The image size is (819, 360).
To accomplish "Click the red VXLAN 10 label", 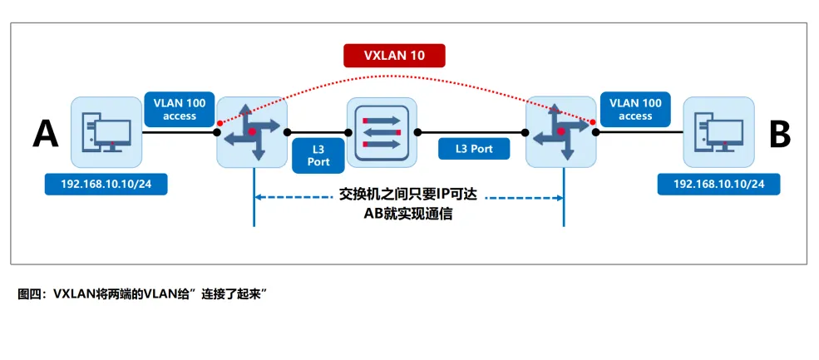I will pyautogui.click(x=395, y=56).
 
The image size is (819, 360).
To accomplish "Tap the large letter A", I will pyautogui.click(x=45, y=133).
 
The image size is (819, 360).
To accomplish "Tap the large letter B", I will pyautogui.click(x=779, y=133).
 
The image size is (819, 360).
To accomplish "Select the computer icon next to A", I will pyautogui.click(x=106, y=133).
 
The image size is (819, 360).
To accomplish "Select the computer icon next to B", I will pyautogui.click(x=718, y=133).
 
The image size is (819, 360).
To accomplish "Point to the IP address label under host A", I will pyautogui.click(x=106, y=183).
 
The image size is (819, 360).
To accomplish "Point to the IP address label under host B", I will pyautogui.click(x=718, y=183).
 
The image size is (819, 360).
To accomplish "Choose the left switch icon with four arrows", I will pyautogui.click(x=252, y=132).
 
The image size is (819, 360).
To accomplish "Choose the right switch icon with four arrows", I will pyautogui.click(x=562, y=132).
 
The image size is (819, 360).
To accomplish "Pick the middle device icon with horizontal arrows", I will pyautogui.click(x=381, y=132).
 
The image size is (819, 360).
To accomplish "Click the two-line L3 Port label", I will pyautogui.click(x=318, y=155).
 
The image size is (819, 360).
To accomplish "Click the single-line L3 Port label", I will pyautogui.click(x=474, y=150).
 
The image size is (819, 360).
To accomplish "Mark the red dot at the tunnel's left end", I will pyautogui.click(x=219, y=124).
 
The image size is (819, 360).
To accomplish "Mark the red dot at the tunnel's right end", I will pyautogui.click(x=593, y=123).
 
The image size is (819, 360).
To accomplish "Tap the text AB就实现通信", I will pyautogui.click(x=407, y=215).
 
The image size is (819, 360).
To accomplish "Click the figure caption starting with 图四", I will pyautogui.click(x=146, y=293).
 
